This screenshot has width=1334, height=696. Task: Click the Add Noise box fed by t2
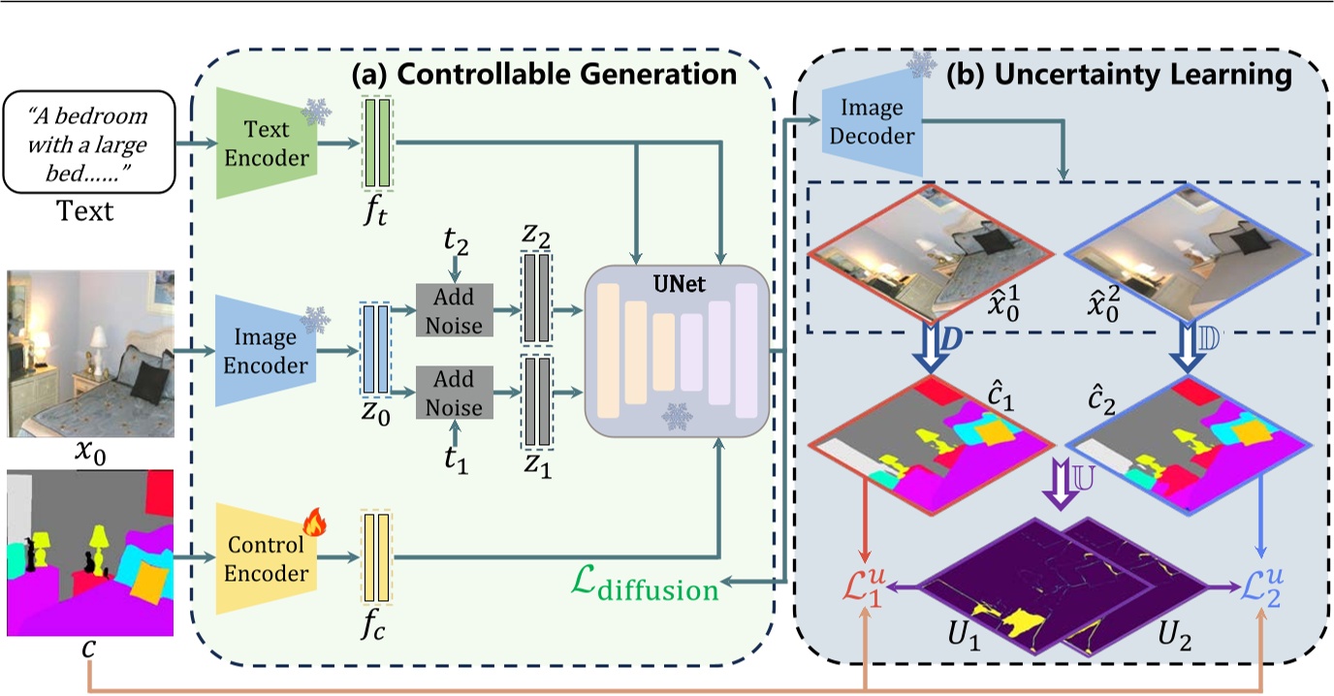tap(455, 311)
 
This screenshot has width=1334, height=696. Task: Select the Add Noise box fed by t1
tap(455, 393)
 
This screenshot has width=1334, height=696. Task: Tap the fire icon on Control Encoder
tap(313, 523)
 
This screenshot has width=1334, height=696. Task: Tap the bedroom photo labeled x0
tap(88, 355)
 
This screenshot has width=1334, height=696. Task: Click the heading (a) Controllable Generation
tap(543, 73)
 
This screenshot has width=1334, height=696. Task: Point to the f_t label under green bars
tap(376, 209)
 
